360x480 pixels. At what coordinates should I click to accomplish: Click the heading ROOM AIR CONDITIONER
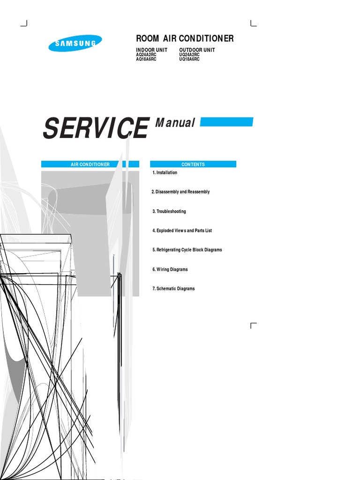click(185, 38)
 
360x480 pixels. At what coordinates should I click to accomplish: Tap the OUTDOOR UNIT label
click(197, 50)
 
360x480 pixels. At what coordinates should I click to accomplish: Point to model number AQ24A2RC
click(146, 55)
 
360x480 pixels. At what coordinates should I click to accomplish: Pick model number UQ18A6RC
click(189, 60)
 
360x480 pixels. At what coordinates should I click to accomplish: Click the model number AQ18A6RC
click(146, 60)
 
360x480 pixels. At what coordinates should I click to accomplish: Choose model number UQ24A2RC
click(189, 55)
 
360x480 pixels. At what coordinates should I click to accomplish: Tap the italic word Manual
click(175, 123)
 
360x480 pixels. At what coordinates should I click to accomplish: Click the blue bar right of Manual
click(226, 122)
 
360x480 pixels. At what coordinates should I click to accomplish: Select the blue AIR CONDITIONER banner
click(90, 165)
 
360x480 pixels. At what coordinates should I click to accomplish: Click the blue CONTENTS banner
click(193, 165)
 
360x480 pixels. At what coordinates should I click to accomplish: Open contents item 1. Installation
click(165, 172)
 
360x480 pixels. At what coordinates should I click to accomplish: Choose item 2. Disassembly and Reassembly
click(181, 192)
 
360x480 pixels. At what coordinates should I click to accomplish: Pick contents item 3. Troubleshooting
click(169, 211)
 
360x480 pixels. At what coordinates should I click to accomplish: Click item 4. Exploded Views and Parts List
click(182, 231)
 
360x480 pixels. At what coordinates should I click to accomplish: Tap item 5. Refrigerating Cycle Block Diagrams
click(187, 250)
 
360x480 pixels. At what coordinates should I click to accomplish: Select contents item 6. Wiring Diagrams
click(170, 270)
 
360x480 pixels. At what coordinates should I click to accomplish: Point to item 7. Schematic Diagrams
click(173, 289)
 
